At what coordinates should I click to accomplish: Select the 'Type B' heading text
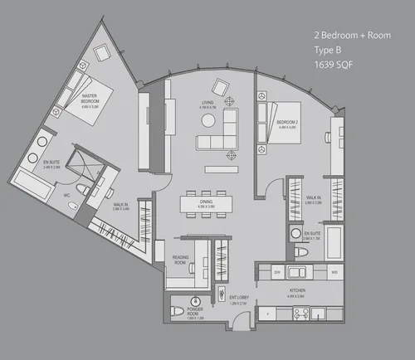pos(330,51)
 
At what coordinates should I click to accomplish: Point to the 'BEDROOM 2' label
pos(287,124)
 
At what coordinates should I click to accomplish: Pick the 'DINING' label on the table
pos(207,201)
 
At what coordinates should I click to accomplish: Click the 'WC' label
pos(66,196)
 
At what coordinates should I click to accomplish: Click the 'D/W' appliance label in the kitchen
pos(279,271)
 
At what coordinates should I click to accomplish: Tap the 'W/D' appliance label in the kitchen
pos(334,271)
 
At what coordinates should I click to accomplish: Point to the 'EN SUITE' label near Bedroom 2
pos(312,235)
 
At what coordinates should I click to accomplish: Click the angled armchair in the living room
pos(222,85)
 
